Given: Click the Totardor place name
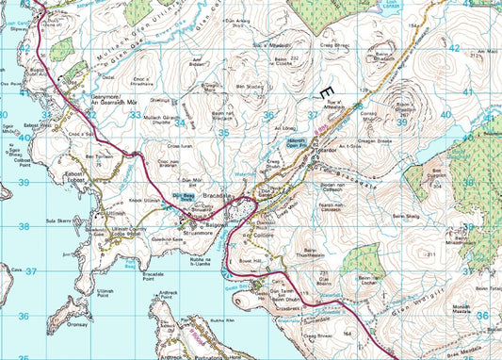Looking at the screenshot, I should pos(300,150).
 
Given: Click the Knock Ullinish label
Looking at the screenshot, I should pos(131,201).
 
